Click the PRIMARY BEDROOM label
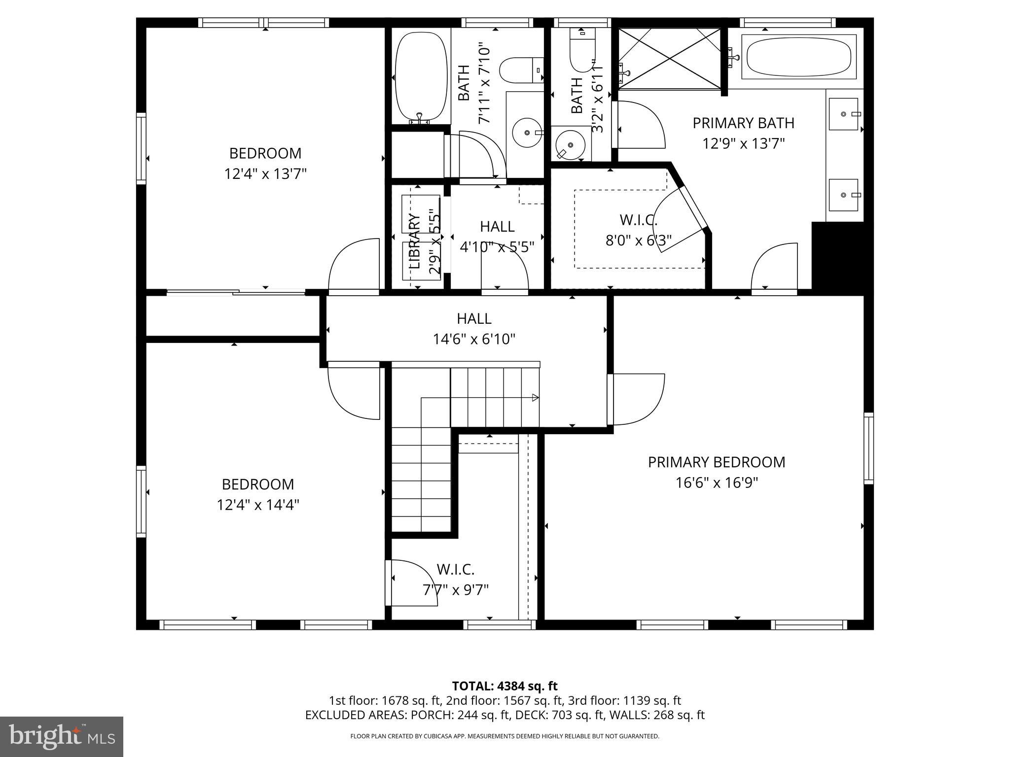click(x=716, y=462)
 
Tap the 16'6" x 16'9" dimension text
click(x=716, y=482)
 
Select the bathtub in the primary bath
click(x=798, y=58)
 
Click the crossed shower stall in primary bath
click(x=669, y=59)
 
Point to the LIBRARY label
click(x=414, y=241)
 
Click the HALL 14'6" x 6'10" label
click(x=474, y=329)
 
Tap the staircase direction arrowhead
click(x=535, y=398)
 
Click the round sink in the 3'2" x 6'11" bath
click(x=571, y=144)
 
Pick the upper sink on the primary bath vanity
click(x=843, y=114)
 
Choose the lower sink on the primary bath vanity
click(x=843, y=195)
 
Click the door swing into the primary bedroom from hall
click(x=637, y=399)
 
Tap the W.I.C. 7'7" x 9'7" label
click(x=455, y=580)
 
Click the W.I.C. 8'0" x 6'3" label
click(x=638, y=230)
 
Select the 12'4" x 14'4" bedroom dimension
click(x=258, y=505)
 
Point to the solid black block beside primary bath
click(x=837, y=256)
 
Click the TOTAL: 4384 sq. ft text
click(x=505, y=686)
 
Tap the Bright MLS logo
click(x=62, y=736)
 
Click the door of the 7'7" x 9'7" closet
click(x=412, y=583)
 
